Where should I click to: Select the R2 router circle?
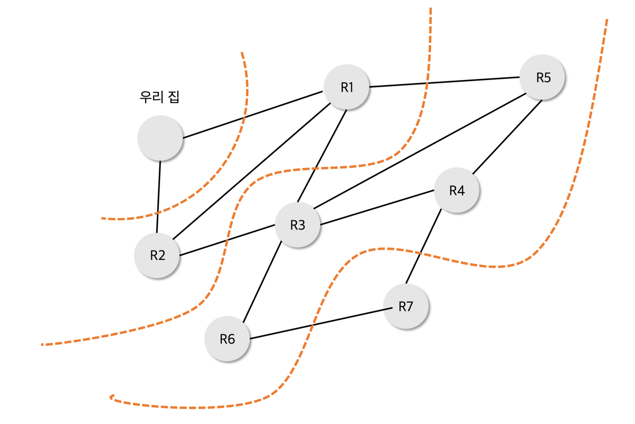coord(157,255)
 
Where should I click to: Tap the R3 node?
coord(298,225)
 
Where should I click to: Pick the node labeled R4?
coord(457,190)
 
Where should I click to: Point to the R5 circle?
coord(543,77)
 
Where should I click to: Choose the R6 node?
coord(227,339)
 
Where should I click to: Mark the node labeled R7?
coord(406,306)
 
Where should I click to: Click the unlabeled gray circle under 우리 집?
coord(160,138)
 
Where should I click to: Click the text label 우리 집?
coord(160,97)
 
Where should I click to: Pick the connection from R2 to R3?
coord(227,240)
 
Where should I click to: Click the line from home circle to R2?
coord(158,196)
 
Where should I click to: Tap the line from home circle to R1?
coord(253,115)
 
